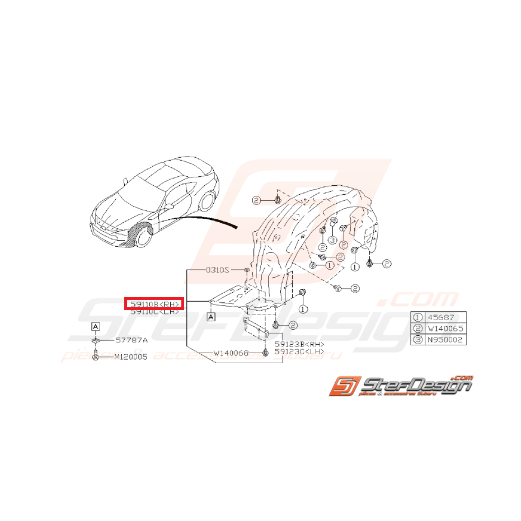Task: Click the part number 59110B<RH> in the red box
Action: tap(154, 304)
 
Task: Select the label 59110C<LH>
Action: tap(154, 312)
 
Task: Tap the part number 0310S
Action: tap(217, 270)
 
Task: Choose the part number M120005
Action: tap(130, 356)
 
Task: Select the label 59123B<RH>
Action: tap(299, 344)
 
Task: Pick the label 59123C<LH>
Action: tap(299, 351)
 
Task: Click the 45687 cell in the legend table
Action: tap(444, 317)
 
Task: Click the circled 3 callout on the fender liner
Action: tap(331, 241)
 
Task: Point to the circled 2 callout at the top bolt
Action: tap(256, 200)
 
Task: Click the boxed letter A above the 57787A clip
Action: tap(96, 326)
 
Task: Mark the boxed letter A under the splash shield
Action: tap(212, 317)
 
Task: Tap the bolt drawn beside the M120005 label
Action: tap(96, 356)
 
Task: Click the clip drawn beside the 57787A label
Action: tap(96, 340)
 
